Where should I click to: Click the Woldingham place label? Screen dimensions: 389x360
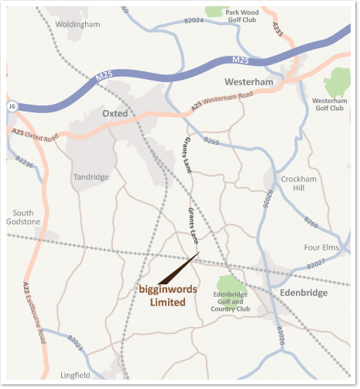pos(79,25)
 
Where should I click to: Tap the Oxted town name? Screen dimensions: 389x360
pos(114,113)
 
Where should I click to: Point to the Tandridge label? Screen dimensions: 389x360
pos(91,177)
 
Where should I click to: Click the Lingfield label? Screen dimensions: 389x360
pos(75,375)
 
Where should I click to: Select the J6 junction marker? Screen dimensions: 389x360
pos(12,105)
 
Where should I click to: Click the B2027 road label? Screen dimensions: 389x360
pos(315,265)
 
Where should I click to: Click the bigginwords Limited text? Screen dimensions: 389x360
pos(167,296)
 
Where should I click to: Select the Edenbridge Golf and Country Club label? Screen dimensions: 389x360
pos(231,302)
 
